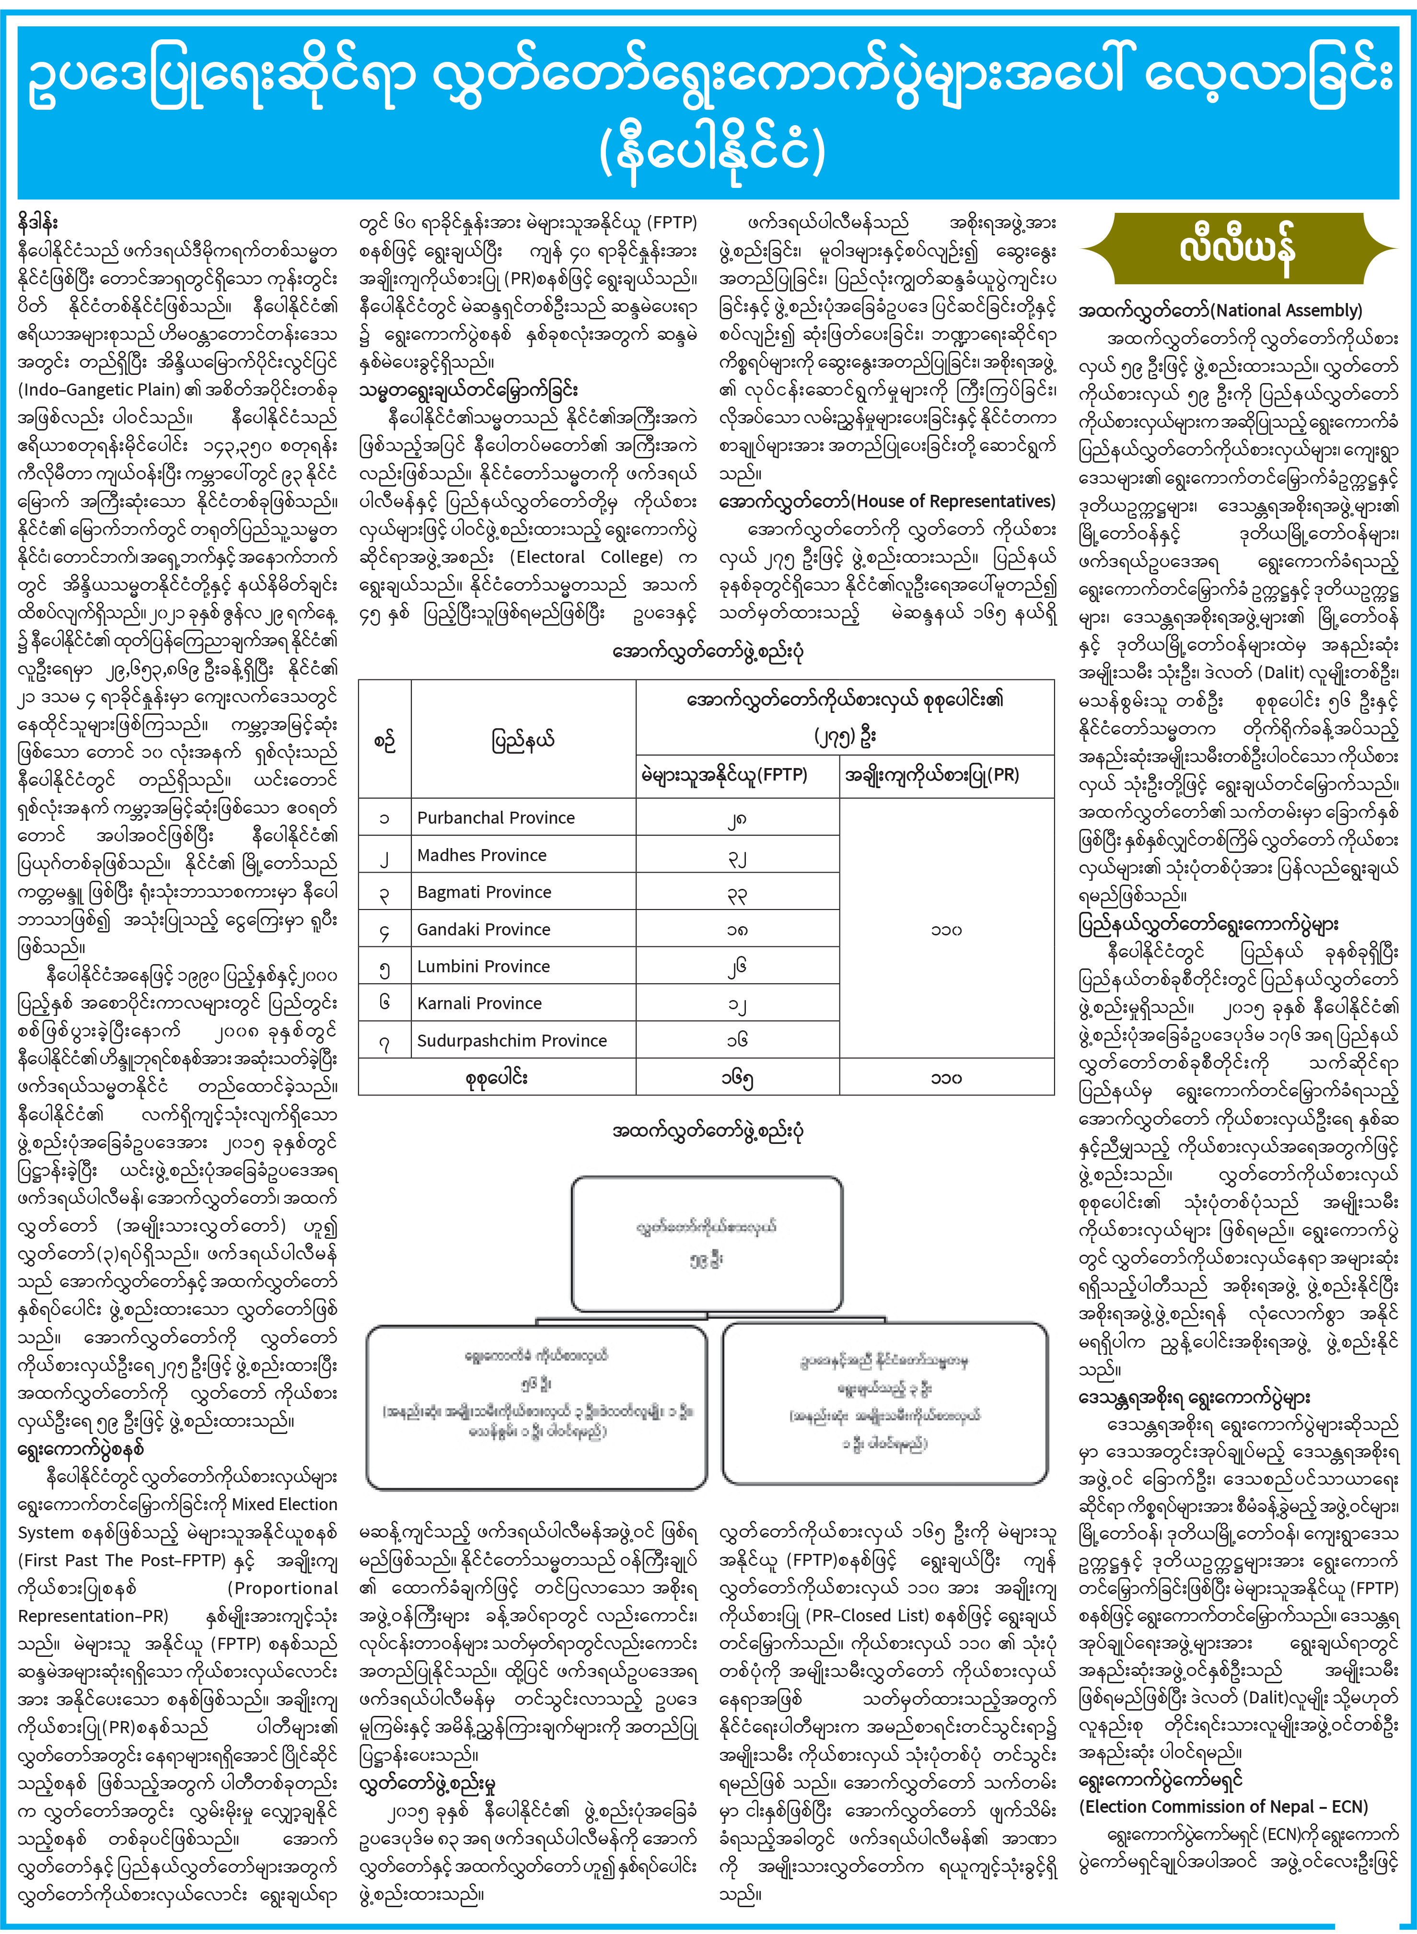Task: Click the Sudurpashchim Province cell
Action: tap(512, 1040)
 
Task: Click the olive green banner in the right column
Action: tap(1235, 249)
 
